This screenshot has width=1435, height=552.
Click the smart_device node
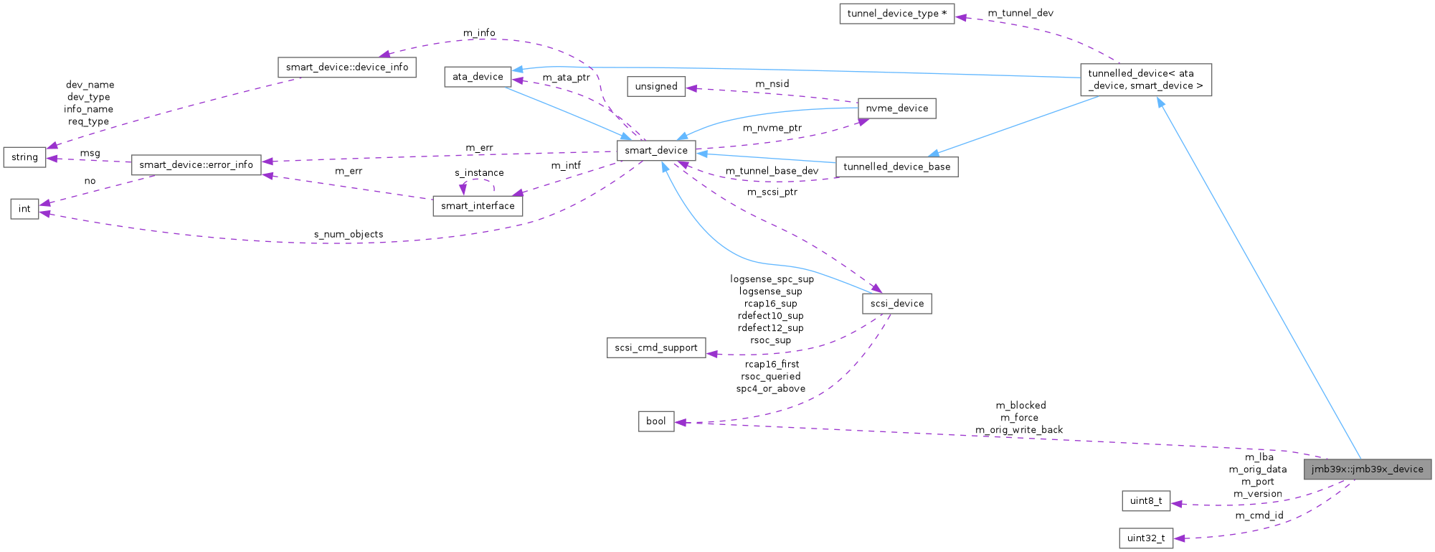click(655, 150)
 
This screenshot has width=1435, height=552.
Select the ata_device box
click(478, 77)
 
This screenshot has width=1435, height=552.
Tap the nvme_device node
click(896, 108)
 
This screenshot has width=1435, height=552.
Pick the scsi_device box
click(896, 304)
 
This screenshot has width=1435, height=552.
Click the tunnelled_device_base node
click(896, 167)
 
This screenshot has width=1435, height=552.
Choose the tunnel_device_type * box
click(896, 14)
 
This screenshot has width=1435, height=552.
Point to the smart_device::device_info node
click(346, 67)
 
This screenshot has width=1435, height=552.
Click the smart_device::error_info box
click(196, 164)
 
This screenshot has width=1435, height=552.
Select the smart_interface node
click(478, 206)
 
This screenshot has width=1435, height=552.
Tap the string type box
click(24, 157)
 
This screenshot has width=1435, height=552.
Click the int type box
click(24, 209)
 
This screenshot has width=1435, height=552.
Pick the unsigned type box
click(655, 86)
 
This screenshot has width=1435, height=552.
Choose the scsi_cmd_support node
click(655, 347)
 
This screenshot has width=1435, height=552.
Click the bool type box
click(655, 421)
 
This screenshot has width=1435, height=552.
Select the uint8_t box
click(1145, 501)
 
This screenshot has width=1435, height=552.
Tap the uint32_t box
click(1145, 538)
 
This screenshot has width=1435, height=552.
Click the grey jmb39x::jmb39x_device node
click(1367, 469)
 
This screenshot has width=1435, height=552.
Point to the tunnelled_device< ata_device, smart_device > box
click(1145, 80)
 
